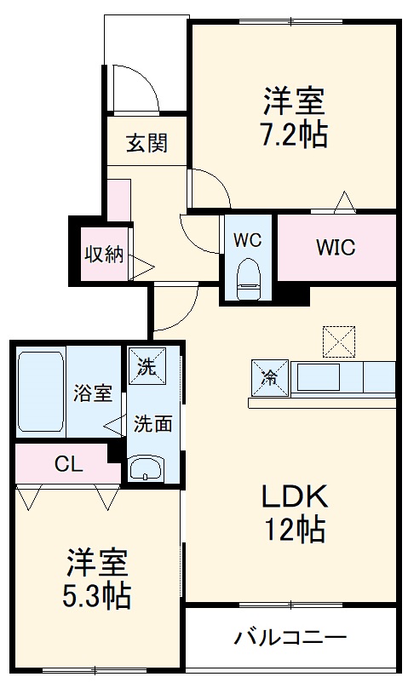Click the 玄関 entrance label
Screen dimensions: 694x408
147,142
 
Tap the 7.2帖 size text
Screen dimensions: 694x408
293,135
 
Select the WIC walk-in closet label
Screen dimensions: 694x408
335,248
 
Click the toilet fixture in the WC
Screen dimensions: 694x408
248,278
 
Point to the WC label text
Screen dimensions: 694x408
248,240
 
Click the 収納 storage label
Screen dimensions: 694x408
103,254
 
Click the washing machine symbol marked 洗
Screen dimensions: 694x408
147,368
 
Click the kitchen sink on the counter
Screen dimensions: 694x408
319,378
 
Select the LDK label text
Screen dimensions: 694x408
294,496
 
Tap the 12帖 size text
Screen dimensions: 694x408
294,530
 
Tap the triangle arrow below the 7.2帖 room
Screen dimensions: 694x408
344,202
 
